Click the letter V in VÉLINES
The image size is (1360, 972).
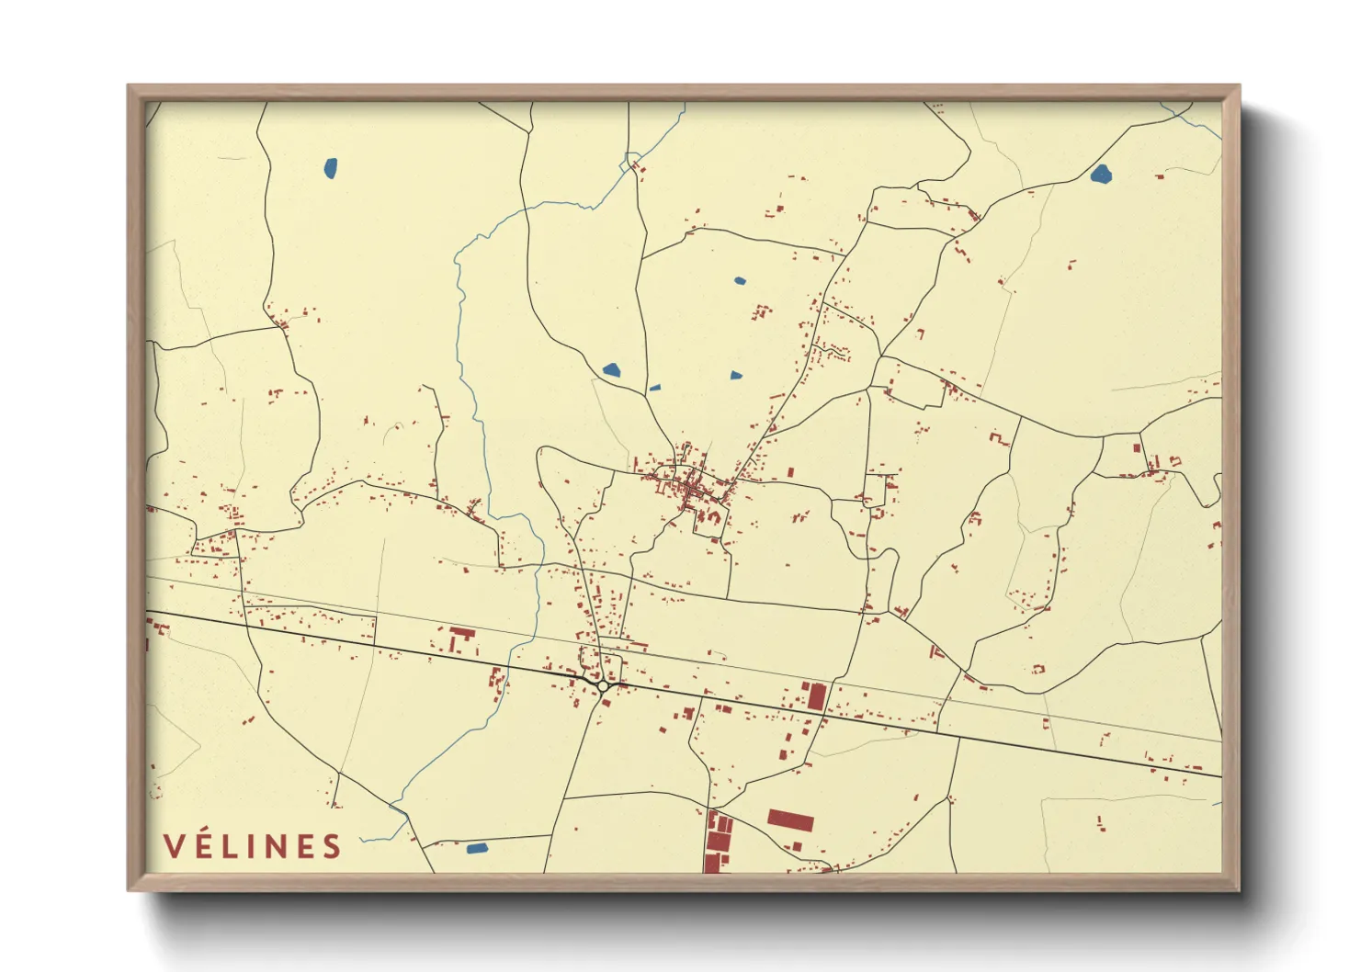click(x=174, y=846)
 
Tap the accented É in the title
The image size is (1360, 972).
click(x=203, y=845)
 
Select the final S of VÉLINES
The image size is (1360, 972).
click(x=332, y=846)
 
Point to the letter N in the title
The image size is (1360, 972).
click(x=276, y=846)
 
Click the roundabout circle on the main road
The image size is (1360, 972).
click(x=603, y=685)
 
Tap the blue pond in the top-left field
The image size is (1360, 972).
click(x=330, y=168)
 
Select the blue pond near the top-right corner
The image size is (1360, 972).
click(x=1100, y=174)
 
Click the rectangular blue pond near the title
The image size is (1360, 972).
click(x=476, y=848)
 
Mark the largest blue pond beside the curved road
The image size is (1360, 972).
click(x=611, y=370)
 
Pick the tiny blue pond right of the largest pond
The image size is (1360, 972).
click(x=654, y=388)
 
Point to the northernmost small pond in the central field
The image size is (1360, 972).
click(x=740, y=280)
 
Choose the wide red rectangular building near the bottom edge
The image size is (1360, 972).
click(x=790, y=819)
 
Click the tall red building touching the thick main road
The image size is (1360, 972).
click(x=816, y=695)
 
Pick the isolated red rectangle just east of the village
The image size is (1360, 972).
click(x=790, y=473)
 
